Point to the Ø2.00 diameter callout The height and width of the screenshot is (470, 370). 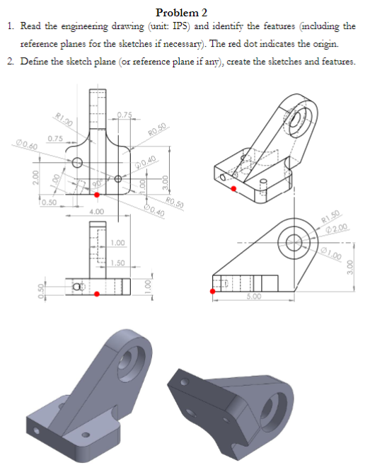334,228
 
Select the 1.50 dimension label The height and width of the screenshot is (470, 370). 117,263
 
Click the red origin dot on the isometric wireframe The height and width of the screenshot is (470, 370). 234,188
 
